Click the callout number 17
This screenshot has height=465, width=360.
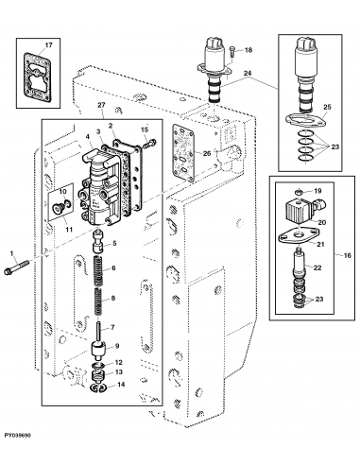[x=48, y=45]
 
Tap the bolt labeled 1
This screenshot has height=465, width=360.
[x=16, y=267]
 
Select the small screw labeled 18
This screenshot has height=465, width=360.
[x=232, y=51]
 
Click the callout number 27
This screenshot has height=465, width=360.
[x=101, y=105]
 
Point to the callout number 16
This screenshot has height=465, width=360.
[x=347, y=255]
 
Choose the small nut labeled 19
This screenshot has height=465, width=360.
[x=300, y=192]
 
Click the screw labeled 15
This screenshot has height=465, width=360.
[x=149, y=144]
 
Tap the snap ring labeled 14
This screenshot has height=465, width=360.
[x=98, y=387]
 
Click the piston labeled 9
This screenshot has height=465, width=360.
[x=98, y=351]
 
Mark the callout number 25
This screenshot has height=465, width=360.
[x=327, y=107]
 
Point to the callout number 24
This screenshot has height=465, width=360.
[x=248, y=74]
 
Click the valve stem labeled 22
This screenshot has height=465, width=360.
[x=300, y=269]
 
